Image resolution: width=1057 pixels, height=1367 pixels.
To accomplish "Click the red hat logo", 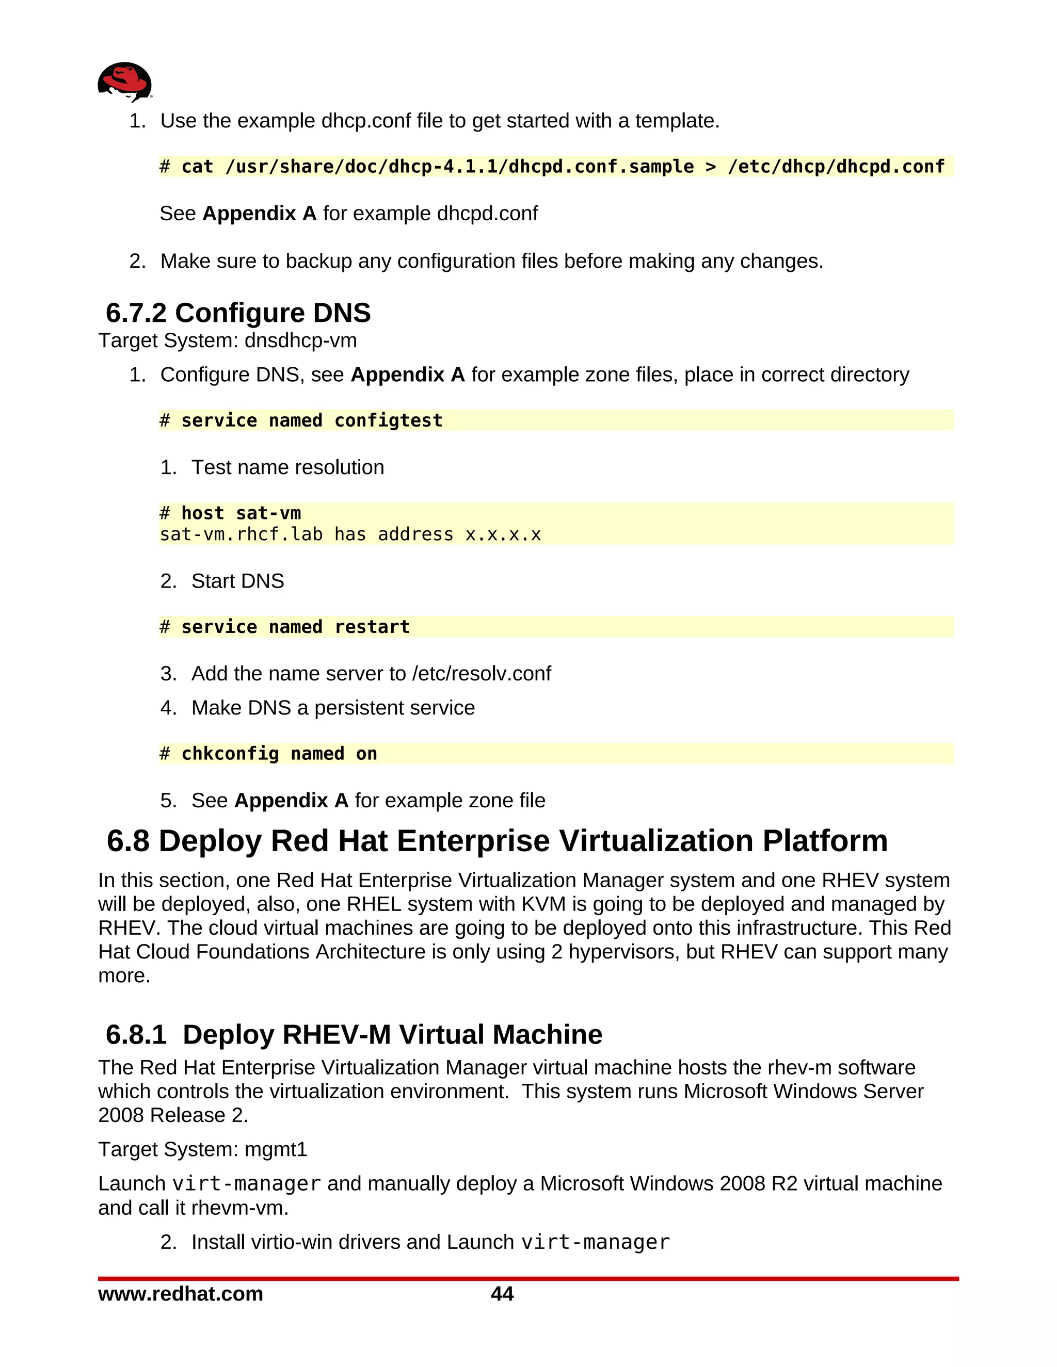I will coord(124,82).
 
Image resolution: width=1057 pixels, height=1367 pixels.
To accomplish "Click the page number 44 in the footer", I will coord(502,1294).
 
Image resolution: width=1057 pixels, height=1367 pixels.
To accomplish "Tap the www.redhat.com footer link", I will coord(180,1294).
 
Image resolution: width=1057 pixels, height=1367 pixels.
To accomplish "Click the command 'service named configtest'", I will coord(311,420).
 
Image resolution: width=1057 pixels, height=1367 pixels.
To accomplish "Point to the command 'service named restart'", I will coord(295,627).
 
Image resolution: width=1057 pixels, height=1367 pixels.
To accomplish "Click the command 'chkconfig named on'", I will coord(279,754).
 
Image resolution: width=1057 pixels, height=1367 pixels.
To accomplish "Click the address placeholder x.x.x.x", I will coord(503,534).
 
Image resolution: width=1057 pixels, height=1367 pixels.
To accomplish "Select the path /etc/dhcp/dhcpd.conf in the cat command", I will coord(836,167).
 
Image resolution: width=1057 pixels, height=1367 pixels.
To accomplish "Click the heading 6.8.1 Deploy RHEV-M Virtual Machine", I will coord(354,1035).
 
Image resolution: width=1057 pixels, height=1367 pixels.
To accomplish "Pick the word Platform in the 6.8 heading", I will coord(825,841).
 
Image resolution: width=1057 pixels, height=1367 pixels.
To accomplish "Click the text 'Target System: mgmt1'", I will coord(202,1149).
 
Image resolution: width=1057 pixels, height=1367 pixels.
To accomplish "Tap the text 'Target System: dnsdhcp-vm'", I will coord(227,340).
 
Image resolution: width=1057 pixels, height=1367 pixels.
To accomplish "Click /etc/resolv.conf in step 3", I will coord(481,674).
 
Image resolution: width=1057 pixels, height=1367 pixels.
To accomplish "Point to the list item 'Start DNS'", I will coord(237,581).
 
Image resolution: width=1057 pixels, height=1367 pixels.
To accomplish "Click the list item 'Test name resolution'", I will coord(287,467).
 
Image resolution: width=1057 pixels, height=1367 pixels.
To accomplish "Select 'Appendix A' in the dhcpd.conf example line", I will coord(259,214).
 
